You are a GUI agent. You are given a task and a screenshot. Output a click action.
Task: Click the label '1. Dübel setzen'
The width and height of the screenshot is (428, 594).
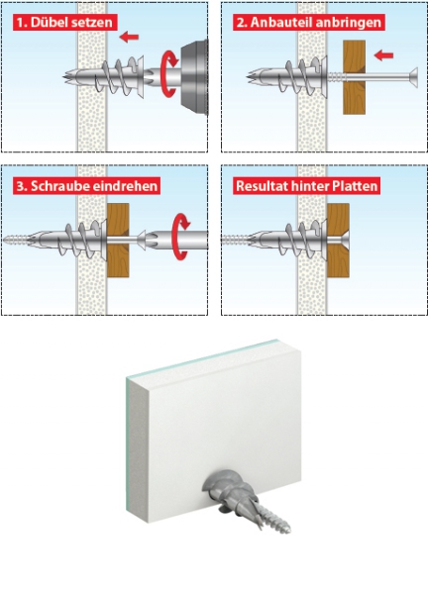point(65,23)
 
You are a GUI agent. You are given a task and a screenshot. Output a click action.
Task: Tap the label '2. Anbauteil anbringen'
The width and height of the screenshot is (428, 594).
point(309,23)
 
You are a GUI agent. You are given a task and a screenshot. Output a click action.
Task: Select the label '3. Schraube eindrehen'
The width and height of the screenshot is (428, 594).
point(87,186)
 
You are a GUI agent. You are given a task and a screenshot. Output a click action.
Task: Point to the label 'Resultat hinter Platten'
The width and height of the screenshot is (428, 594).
point(307,186)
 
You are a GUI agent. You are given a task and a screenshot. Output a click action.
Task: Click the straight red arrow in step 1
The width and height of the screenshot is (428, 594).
point(129,37)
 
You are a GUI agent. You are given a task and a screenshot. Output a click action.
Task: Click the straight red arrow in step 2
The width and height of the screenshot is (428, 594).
point(383,55)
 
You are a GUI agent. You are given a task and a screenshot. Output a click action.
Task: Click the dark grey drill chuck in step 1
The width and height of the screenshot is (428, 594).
point(194,77)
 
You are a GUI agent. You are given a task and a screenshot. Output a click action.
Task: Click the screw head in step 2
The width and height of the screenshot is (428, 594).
point(413,77)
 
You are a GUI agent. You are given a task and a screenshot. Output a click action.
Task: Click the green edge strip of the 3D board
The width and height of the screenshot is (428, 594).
point(136,445)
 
